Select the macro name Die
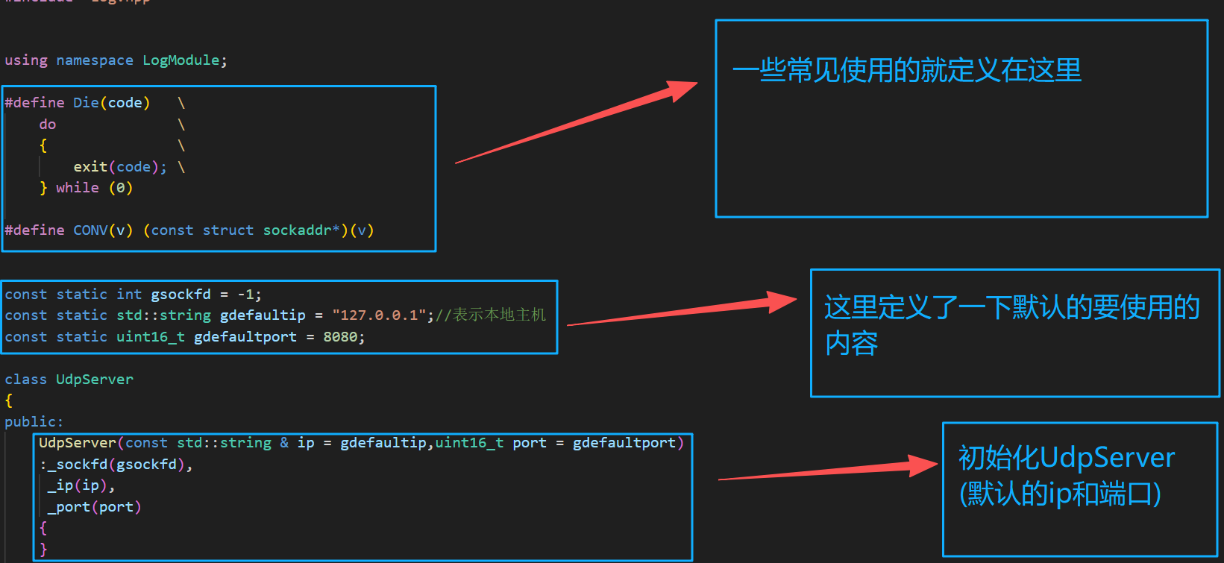click(x=86, y=103)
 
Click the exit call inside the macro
click(x=90, y=167)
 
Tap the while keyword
click(x=78, y=188)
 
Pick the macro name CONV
click(x=90, y=230)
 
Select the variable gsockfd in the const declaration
click(x=181, y=295)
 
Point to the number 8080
click(x=340, y=337)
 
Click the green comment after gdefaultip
click(x=492, y=315)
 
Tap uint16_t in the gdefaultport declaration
click(x=151, y=337)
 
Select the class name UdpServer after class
click(x=95, y=380)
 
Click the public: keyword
click(x=34, y=422)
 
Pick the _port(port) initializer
click(x=94, y=507)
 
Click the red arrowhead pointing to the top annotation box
click(x=682, y=89)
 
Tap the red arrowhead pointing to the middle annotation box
click(x=782, y=302)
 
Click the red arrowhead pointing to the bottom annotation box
click(x=923, y=466)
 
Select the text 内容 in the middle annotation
click(x=851, y=344)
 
